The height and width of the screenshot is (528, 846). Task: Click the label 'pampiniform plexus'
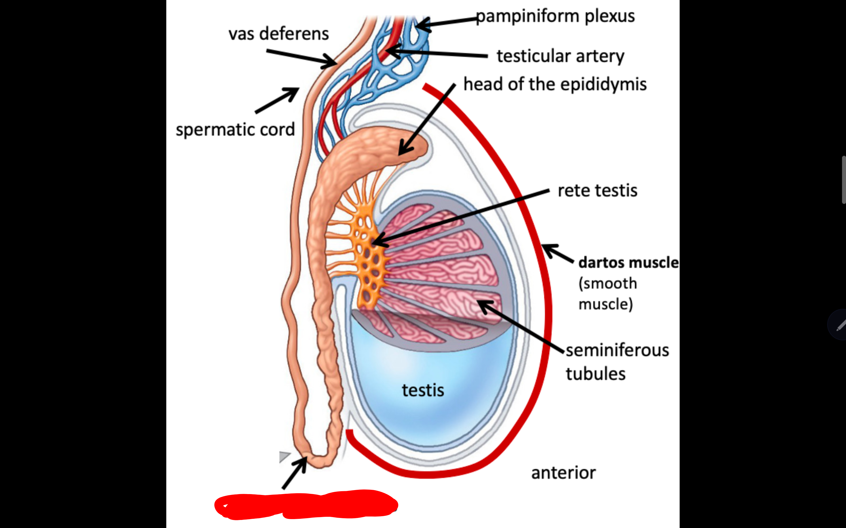pyautogui.click(x=555, y=16)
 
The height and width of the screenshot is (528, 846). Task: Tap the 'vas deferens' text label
pyautogui.click(x=279, y=34)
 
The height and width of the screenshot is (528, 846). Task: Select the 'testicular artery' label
pyautogui.click(x=560, y=56)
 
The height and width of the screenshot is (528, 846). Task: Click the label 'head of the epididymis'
pyautogui.click(x=555, y=85)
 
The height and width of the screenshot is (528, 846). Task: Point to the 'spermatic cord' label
pyautogui.click(x=235, y=130)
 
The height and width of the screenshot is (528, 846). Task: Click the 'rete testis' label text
pyautogui.click(x=597, y=191)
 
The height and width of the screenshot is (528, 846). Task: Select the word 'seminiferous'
pyautogui.click(x=617, y=350)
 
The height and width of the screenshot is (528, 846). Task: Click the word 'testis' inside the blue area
pyautogui.click(x=423, y=390)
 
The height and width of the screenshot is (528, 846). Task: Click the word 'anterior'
pyautogui.click(x=563, y=473)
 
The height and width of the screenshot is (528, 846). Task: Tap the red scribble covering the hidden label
pyautogui.click(x=306, y=505)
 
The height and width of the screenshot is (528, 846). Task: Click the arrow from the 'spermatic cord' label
pyautogui.click(x=276, y=101)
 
